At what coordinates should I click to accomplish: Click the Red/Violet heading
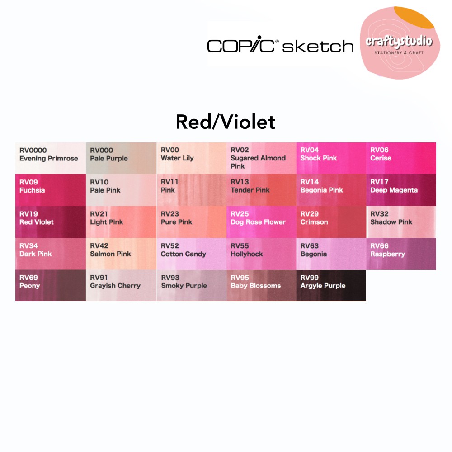click(226, 122)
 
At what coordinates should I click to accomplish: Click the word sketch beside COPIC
click(318, 45)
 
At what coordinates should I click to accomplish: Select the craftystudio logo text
click(399, 42)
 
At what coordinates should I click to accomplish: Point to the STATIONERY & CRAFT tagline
click(399, 53)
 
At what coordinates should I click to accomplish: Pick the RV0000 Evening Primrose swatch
click(51, 158)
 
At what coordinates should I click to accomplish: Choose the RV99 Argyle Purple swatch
click(331, 285)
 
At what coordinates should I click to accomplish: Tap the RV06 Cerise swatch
click(401, 158)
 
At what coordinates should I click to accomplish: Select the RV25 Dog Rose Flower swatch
click(261, 221)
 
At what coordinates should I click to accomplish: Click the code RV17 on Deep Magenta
click(379, 182)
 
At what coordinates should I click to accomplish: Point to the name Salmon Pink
click(110, 254)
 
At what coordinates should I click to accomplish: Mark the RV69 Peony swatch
click(51, 285)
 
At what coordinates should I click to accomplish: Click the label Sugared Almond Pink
click(258, 162)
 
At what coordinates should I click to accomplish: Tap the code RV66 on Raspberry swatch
click(379, 246)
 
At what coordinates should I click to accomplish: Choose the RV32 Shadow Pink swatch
click(401, 221)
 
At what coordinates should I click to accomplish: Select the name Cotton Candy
click(184, 254)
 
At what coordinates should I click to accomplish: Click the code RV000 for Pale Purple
click(101, 150)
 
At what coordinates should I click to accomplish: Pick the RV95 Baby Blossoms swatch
click(261, 285)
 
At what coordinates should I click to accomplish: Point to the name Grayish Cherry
click(115, 286)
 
